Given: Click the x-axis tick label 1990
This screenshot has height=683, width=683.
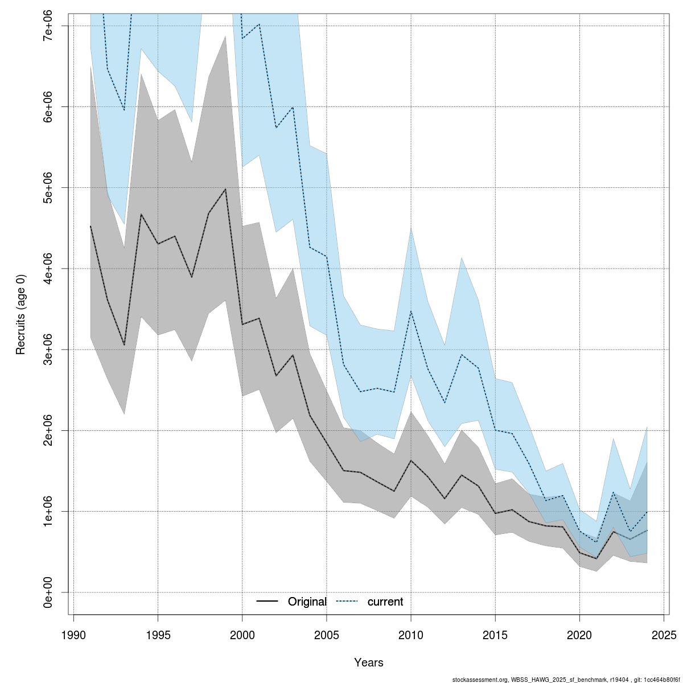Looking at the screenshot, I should tap(73, 635).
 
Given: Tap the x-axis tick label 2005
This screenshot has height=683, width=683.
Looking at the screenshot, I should tap(327, 635).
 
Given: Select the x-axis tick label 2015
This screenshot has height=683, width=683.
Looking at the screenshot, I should tap(495, 635).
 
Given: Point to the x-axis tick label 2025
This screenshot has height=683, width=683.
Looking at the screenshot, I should tap(664, 635).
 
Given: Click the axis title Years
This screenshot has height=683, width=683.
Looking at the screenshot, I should tap(368, 663).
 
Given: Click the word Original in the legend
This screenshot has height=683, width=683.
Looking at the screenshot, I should tap(307, 602).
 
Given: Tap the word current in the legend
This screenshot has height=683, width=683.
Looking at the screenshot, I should tap(385, 602).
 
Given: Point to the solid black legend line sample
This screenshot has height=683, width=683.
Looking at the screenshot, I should tap(268, 602).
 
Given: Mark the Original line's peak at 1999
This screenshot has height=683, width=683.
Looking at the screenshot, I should tap(225, 189).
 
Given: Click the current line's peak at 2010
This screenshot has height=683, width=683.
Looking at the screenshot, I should tap(411, 311).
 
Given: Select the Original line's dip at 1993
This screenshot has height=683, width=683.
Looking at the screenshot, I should tap(124, 345).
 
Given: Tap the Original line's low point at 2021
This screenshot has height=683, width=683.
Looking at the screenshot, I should tap(596, 558).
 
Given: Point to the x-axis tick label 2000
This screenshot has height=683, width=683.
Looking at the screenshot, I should tap(242, 635).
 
